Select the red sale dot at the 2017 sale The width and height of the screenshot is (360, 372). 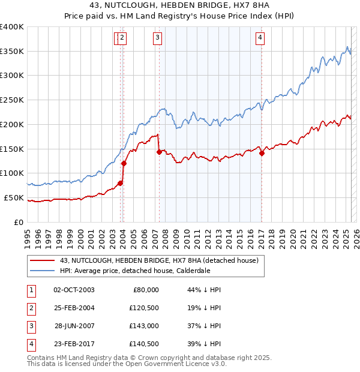click(262, 153)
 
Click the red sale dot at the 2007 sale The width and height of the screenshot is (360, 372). click(159, 152)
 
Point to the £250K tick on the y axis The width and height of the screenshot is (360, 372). click(12, 100)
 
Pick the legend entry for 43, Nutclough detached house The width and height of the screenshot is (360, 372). click(159, 260)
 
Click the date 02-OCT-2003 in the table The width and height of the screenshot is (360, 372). click(74, 290)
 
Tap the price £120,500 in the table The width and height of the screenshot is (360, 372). click(144, 308)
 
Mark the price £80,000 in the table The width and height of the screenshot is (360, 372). click(146, 290)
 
